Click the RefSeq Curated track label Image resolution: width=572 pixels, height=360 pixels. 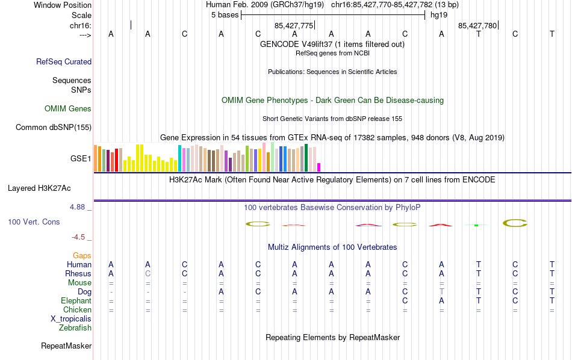64,61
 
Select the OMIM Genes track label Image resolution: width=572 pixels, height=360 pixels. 68,109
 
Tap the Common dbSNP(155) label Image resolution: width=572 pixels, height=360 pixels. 54,127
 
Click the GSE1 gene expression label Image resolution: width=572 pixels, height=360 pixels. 81,159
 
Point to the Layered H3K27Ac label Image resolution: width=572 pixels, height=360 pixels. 49,188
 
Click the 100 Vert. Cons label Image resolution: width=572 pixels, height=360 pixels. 34,222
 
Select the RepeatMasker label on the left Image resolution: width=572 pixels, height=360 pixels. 66,346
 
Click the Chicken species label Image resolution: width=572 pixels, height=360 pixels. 77,309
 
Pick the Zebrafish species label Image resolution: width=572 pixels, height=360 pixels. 75,328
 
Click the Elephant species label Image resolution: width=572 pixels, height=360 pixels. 76,300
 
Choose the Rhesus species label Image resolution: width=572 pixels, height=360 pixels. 78,273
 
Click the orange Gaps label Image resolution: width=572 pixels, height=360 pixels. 82,256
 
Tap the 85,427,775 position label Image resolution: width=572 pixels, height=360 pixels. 294,26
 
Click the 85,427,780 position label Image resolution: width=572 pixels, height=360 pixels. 477,26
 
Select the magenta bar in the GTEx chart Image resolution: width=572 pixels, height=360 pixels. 319,167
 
